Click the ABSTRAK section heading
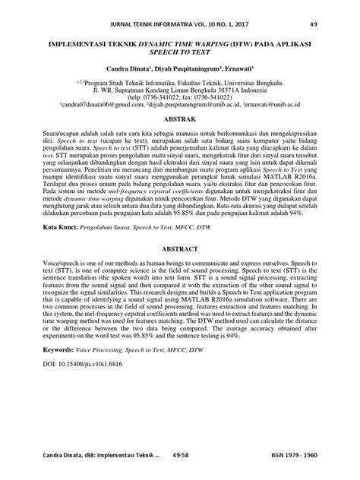coord(179,119)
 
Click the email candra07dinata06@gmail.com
coord(99,105)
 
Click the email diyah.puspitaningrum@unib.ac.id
coord(191,105)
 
